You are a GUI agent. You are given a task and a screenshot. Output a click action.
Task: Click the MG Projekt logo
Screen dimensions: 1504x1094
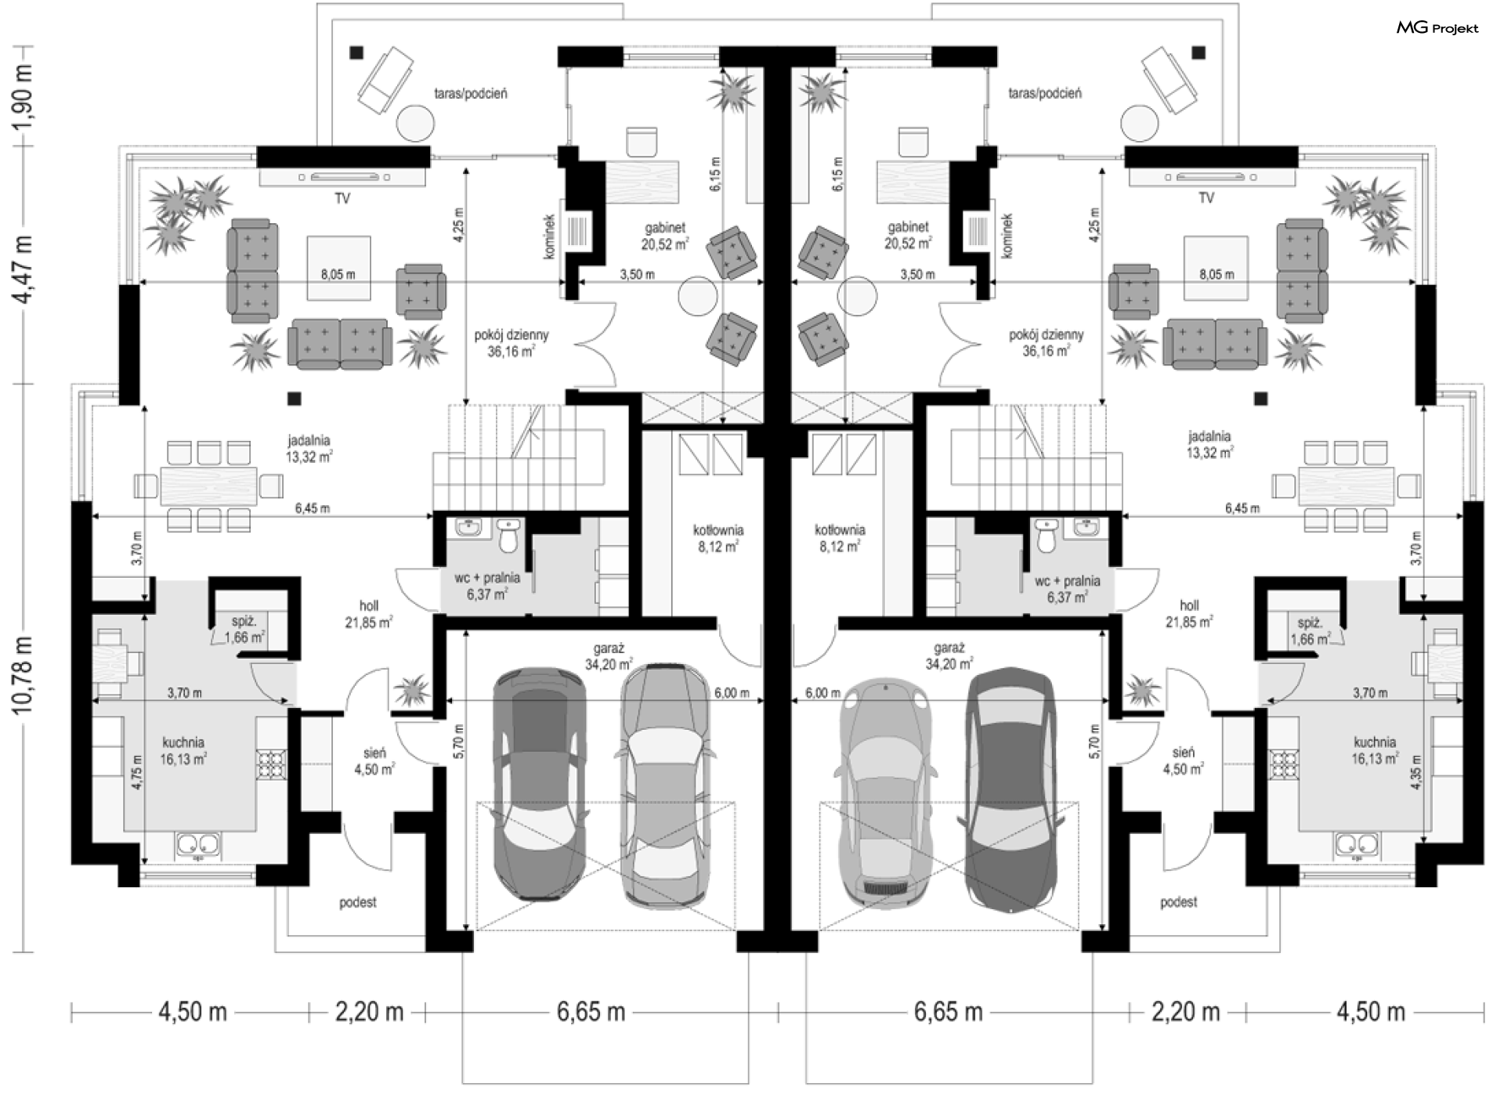[1437, 28]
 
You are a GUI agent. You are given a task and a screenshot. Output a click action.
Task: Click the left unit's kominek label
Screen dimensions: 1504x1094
[550, 236]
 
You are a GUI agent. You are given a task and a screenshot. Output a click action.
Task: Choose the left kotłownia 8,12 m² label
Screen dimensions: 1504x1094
[718, 539]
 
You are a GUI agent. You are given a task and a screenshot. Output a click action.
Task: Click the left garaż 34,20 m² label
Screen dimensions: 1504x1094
[609, 656]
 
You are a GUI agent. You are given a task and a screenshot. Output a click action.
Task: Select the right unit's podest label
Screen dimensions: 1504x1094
[1178, 902]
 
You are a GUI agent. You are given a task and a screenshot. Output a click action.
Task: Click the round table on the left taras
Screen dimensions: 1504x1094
[415, 124]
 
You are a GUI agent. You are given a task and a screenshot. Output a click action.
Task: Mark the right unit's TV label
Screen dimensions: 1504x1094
[1206, 198]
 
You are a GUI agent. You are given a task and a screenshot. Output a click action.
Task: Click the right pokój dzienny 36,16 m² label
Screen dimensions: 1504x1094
[1047, 343]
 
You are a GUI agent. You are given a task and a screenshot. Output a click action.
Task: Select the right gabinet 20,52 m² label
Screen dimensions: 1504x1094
[908, 235]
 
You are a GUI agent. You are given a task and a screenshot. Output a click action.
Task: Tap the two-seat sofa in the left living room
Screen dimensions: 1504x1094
[339, 342]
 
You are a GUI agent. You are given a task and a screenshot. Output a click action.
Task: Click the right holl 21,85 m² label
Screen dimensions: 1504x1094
[1189, 614]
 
